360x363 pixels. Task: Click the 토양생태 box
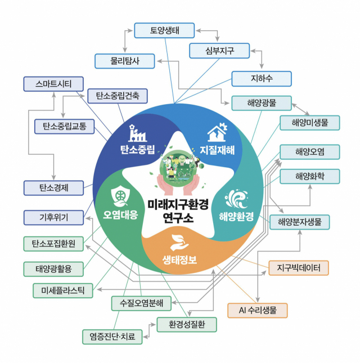pos(164,30)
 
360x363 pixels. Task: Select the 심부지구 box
pos(219,51)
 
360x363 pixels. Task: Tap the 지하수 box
pos(261,79)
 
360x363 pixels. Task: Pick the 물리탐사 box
pos(124,61)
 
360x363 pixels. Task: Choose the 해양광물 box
pos(261,103)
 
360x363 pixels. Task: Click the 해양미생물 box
pos(310,122)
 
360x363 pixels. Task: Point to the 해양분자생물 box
pos(299,222)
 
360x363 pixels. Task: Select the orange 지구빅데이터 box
pos(298,268)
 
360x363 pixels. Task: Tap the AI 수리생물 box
pos(257,310)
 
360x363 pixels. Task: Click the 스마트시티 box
pos(53,84)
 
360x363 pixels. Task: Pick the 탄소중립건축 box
pos(118,96)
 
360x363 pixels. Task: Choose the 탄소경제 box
pos(53,187)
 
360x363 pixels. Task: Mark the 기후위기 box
pos(53,217)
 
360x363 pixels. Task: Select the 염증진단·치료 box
pos(112,337)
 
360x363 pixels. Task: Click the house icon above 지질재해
pos(217,133)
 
